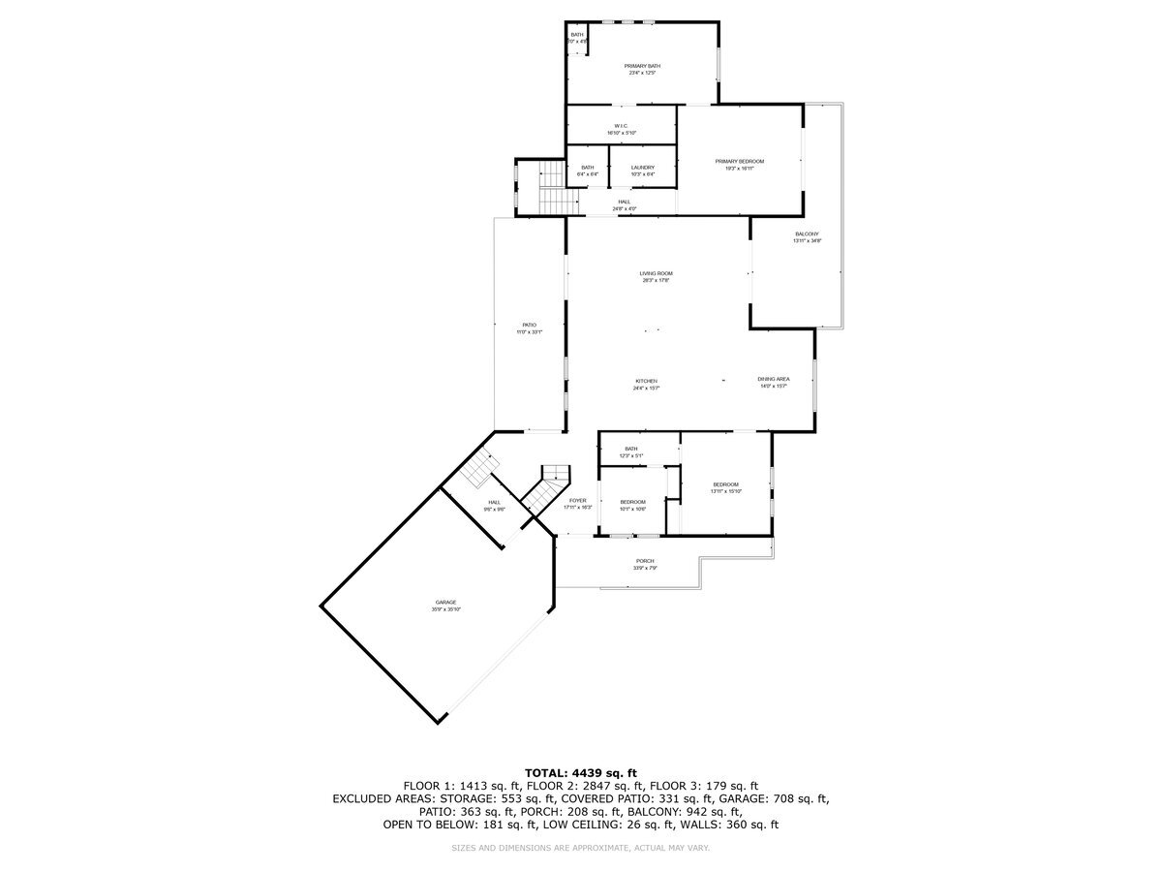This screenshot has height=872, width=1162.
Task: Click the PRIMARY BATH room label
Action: (x=643, y=66)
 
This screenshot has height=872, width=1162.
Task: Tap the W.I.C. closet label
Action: (x=622, y=126)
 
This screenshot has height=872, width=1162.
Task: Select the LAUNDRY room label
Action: (x=643, y=168)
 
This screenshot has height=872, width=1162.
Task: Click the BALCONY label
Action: (x=807, y=234)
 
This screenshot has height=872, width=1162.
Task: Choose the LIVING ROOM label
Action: (x=656, y=274)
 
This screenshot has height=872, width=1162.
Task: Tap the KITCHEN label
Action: (x=646, y=382)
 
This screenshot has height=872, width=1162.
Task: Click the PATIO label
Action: (x=530, y=326)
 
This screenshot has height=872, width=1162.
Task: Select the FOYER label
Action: (x=577, y=501)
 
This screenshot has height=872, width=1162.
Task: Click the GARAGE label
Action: (x=445, y=603)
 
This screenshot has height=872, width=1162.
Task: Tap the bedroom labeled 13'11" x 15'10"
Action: (x=725, y=488)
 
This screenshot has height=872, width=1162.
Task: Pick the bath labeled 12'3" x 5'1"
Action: (x=631, y=452)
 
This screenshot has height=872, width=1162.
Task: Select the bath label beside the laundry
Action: (x=588, y=168)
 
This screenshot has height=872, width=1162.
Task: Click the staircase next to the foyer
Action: (x=548, y=489)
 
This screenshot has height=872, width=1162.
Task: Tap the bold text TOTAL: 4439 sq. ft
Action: (x=580, y=772)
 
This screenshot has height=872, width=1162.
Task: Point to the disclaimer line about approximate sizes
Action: (x=580, y=848)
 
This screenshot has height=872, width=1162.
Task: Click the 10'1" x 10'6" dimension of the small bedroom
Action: (x=632, y=508)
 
